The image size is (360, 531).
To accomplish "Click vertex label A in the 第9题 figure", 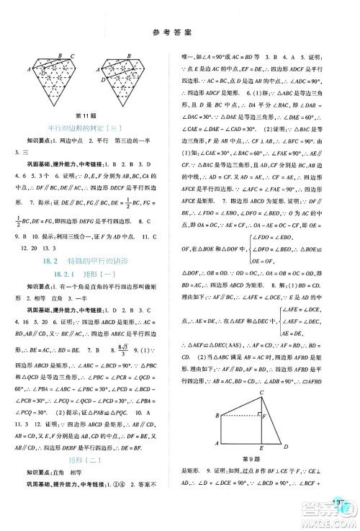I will [x=217, y=447].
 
